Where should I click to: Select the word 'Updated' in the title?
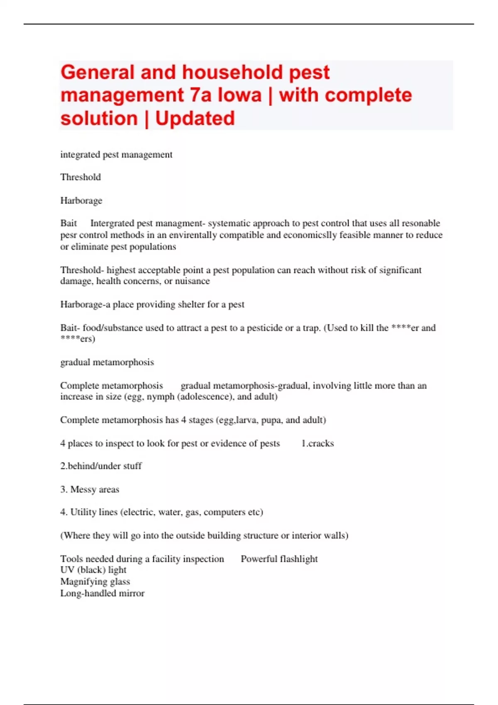195,119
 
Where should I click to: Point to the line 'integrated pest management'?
116,155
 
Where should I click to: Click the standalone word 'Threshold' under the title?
81,177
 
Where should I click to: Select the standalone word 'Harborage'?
81,201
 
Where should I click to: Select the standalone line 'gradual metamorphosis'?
107,362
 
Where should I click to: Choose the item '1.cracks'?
317,443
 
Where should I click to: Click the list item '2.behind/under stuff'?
101,466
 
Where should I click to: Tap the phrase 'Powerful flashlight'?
279,559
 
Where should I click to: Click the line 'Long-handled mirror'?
103,593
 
